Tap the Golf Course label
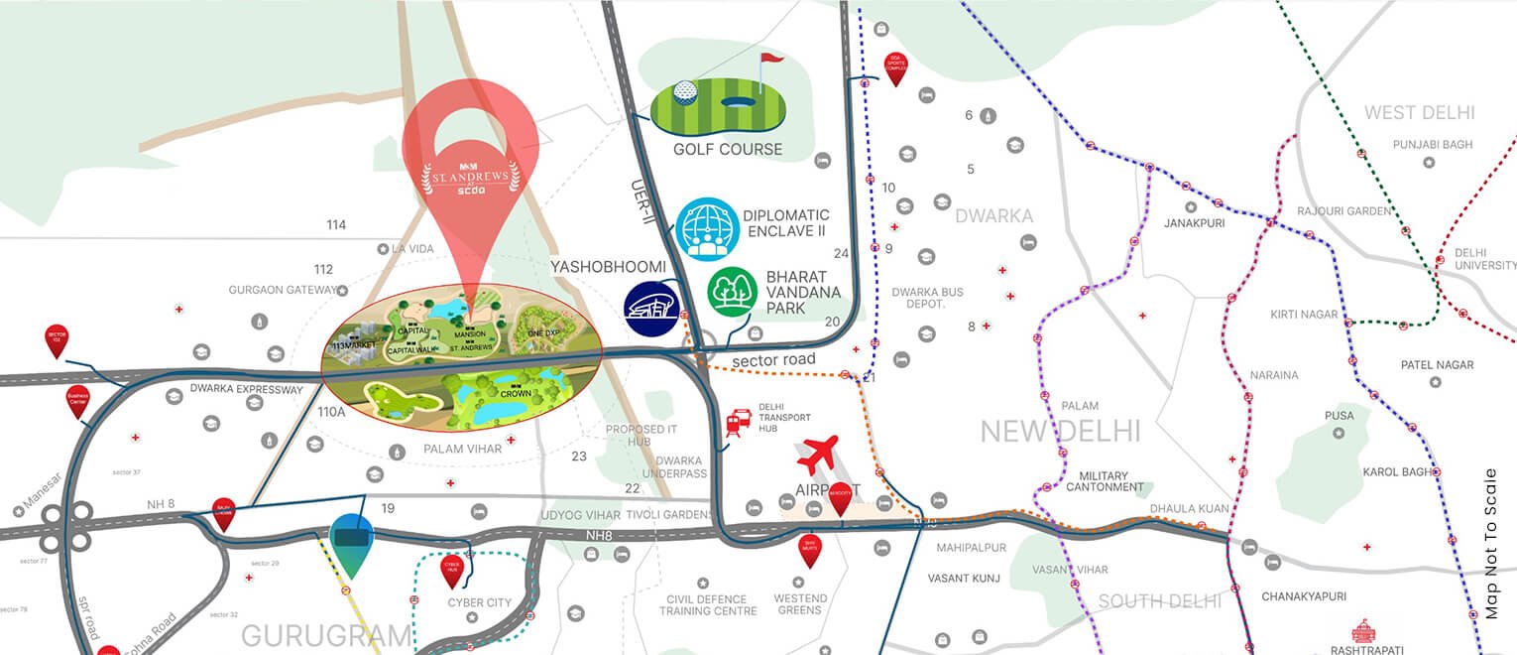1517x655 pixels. (727, 150)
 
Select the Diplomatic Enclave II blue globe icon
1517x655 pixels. (708, 229)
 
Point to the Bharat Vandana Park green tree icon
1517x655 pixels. (733, 291)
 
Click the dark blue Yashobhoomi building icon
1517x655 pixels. (650, 309)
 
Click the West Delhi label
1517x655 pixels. (1419, 113)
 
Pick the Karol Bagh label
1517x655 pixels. (1397, 472)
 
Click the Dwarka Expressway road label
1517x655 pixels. (246, 390)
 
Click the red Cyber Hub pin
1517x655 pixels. (451, 570)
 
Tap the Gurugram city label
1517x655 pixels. (326, 635)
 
